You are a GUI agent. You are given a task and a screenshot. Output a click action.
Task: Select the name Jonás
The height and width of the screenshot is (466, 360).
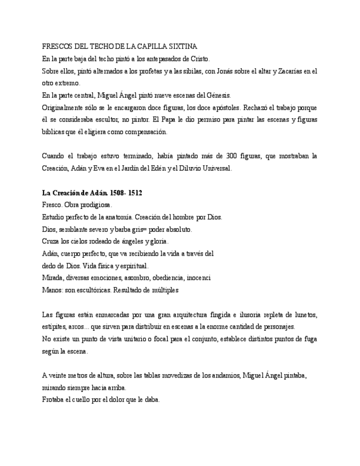(220, 71)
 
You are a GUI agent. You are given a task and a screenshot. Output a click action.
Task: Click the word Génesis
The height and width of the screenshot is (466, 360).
(218, 95)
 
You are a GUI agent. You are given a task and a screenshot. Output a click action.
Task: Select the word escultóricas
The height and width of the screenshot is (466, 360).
(90, 290)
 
